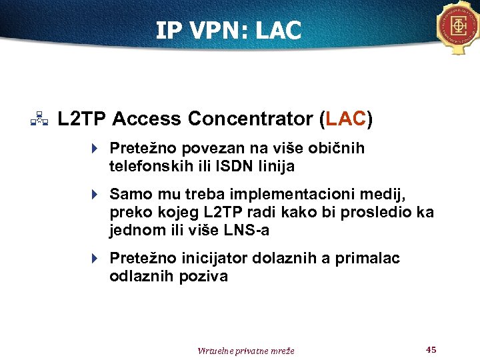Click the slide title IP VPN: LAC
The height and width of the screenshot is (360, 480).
229,30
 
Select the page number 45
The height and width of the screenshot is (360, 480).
431,349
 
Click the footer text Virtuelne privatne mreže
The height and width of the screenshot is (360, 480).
246,351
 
